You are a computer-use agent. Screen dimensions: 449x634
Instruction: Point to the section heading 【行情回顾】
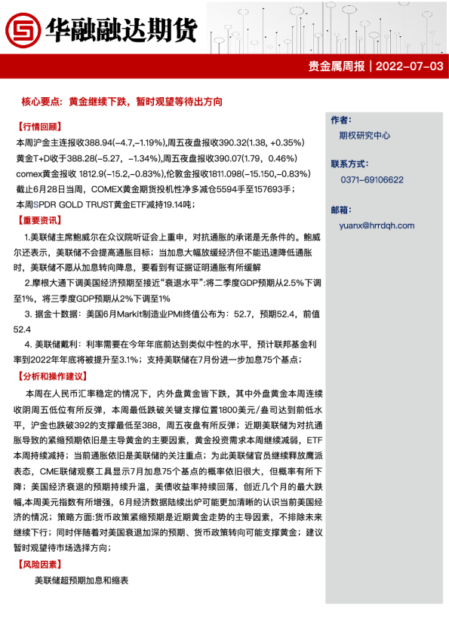click(38, 127)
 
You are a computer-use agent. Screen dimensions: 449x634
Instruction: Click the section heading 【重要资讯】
click(38, 221)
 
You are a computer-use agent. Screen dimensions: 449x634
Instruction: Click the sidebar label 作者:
click(341, 120)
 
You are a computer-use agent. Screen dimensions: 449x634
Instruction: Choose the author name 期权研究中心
click(365, 136)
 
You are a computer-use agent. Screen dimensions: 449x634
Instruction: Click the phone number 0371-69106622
click(372, 180)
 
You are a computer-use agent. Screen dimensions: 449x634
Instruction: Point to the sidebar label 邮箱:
click(341, 209)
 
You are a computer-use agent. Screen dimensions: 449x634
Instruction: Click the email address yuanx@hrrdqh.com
click(377, 225)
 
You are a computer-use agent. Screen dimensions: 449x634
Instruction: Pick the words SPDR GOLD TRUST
click(75, 205)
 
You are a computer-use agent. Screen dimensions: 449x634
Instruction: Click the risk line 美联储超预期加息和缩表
click(81, 580)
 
